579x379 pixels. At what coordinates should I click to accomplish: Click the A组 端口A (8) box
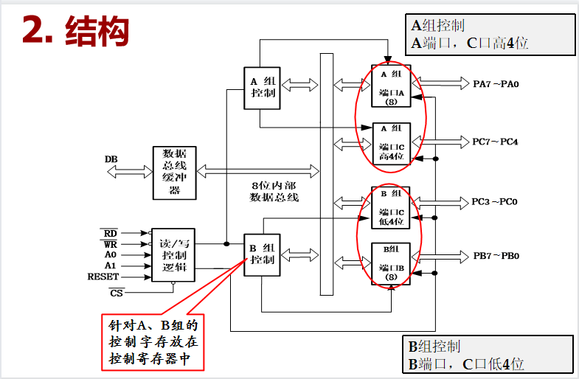[x=392, y=88]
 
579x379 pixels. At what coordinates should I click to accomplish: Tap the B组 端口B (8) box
[x=392, y=262]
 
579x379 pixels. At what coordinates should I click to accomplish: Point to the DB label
[x=111, y=159]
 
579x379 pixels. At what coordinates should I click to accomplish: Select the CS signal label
[x=112, y=293]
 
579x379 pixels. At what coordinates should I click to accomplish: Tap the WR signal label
[x=110, y=243]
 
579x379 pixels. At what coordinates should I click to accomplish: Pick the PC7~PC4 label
[x=495, y=141]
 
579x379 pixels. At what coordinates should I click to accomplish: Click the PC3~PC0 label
[x=495, y=201]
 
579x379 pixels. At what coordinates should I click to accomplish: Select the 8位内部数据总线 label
[x=274, y=192]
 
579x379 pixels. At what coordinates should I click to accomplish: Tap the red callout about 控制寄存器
[x=153, y=342]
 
